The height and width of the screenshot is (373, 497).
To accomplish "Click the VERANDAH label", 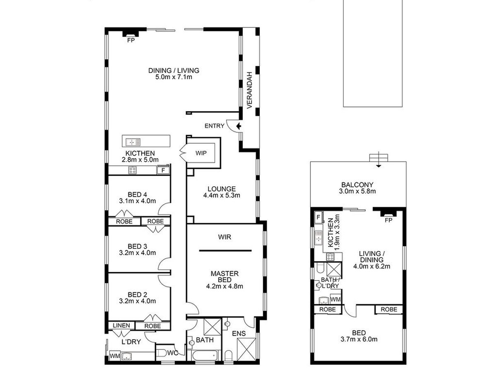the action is point(249,90).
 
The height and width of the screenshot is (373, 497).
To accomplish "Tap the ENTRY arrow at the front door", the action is point(239,126).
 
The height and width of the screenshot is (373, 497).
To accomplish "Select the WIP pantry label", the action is point(201,153).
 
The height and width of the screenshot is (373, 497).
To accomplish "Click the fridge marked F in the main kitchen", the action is point(163,170).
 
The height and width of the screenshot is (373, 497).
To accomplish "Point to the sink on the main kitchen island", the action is point(133,142).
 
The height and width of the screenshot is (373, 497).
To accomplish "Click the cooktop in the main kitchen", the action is point(133,170).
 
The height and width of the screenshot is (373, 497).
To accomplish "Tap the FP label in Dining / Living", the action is point(131,40).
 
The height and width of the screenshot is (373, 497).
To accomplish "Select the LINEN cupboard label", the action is point(121,325).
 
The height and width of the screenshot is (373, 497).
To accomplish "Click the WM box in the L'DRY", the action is point(115,356).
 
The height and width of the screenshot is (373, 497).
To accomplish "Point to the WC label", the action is point(173,353).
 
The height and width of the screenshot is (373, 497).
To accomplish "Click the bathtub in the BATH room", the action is point(205,355).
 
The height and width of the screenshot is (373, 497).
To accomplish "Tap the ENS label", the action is point(239,333).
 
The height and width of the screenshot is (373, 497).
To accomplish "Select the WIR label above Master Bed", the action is point(224,237).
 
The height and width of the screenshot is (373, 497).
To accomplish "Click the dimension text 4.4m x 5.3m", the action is point(222,195).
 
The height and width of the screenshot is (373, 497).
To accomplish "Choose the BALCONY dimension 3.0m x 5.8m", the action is point(357,191).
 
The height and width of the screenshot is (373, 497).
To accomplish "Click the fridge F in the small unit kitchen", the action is point(318,218).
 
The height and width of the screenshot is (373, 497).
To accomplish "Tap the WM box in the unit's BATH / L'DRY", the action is point(335,299).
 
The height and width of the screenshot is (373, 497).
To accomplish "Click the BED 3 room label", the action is point(138,246).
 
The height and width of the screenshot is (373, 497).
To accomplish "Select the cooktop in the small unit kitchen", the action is point(330,257).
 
